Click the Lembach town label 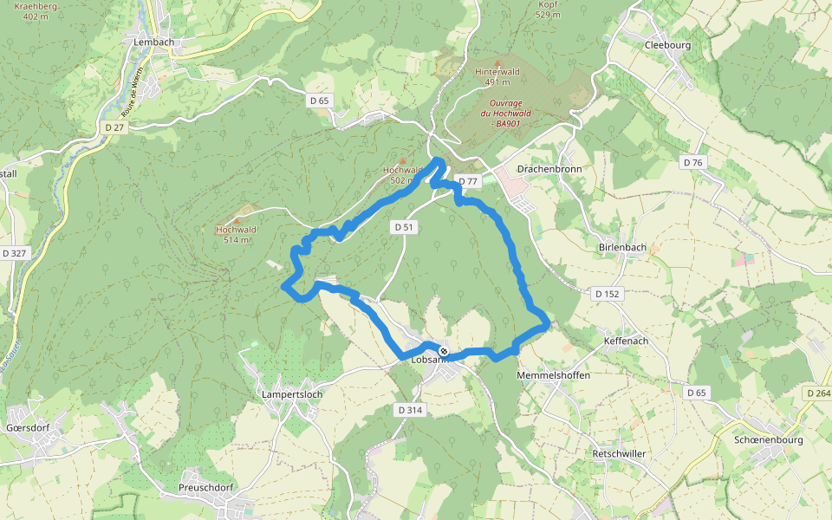154,42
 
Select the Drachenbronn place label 549,168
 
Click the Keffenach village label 626,341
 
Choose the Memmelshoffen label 553,375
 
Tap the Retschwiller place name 619,453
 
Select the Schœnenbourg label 768,439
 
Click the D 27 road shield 114,127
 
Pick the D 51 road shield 404,226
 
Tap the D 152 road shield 608,294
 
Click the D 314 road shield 410,408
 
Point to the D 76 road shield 692,162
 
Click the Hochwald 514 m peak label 236,234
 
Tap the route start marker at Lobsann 444,351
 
